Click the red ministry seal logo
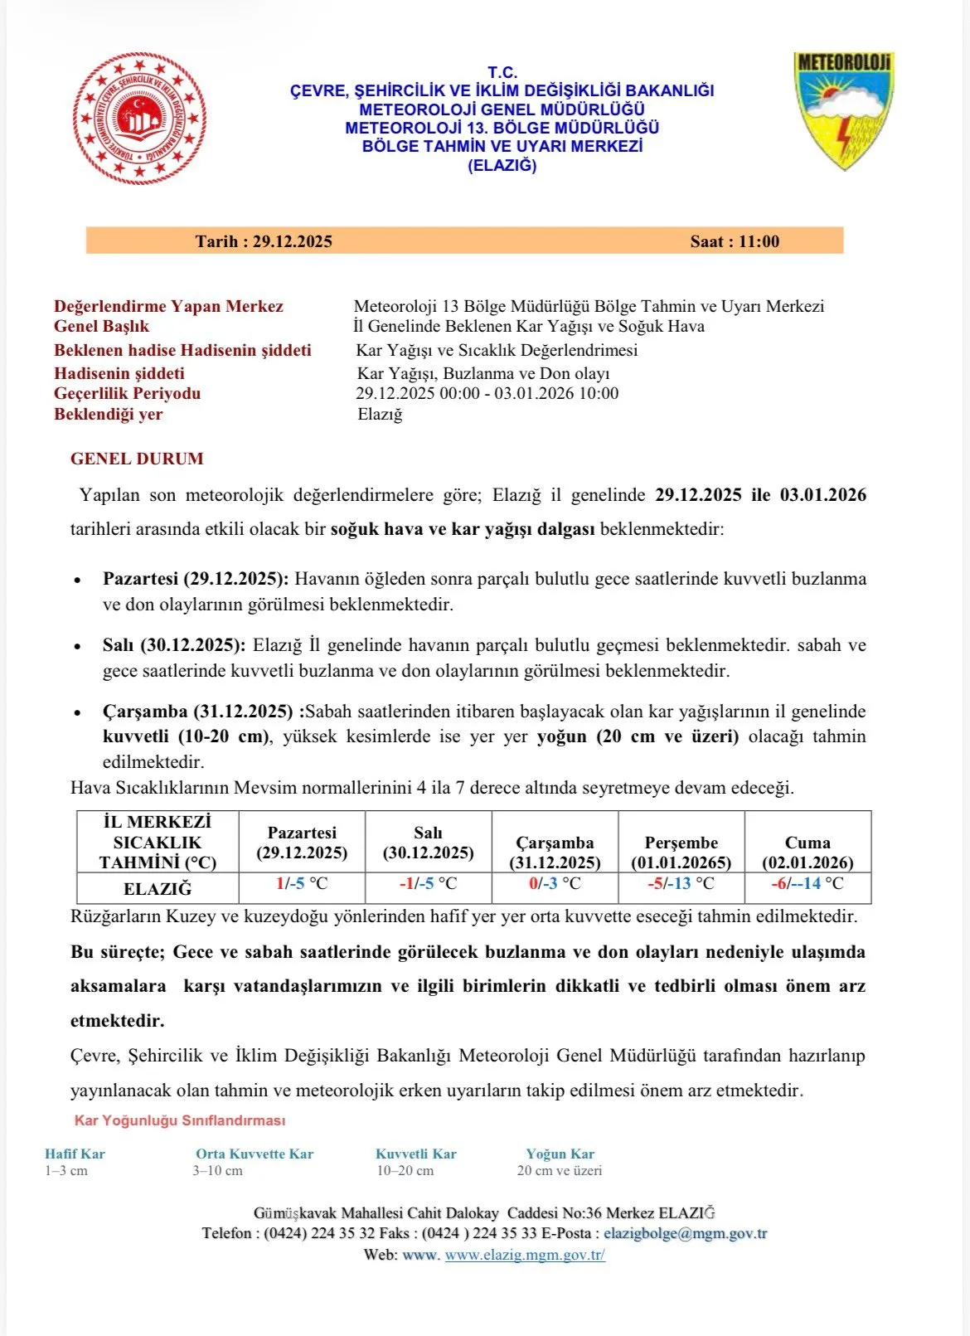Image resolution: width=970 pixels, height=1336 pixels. tap(140, 119)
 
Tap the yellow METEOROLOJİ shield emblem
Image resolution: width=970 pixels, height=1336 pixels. tap(844, 110)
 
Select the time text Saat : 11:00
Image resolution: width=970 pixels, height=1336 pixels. tap(735, 241)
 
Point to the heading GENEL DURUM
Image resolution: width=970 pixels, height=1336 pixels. tap(137, 459)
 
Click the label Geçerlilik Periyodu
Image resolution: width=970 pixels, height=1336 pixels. tap(127, 393)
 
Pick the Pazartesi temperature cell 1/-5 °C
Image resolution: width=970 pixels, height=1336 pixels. tap(302, 884)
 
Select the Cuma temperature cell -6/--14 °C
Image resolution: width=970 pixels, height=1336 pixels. tap(808, 884)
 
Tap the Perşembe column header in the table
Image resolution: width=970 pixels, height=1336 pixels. tap(681, 852)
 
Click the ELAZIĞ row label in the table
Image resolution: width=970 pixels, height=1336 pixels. tap(158, 889)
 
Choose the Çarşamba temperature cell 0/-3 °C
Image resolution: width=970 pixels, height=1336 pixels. tap(555, 884)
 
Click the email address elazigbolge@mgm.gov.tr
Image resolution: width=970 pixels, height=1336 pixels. tap(686, 1233)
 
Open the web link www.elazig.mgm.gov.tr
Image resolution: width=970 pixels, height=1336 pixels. tap(525, 1255)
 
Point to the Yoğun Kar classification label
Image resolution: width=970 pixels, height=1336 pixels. tap(560, 1154)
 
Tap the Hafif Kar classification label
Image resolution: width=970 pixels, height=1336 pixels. tap(75, 1154)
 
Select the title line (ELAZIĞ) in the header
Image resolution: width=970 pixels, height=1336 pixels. tap(502, 165)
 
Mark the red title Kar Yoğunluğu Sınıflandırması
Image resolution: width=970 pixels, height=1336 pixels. tap(180, 1120)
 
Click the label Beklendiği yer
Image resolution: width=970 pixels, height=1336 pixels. tap(109, 414)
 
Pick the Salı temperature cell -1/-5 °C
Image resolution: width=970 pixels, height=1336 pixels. tap(428, 884)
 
